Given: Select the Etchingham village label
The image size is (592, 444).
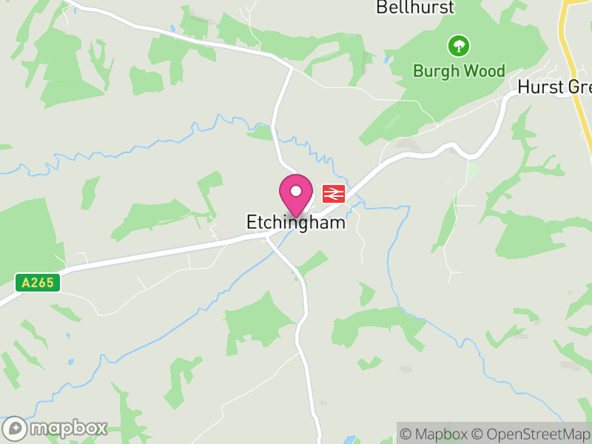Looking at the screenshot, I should pos(296,222).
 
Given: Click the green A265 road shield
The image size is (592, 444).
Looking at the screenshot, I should pos(37,283).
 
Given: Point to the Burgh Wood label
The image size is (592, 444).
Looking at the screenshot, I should pos(459,71).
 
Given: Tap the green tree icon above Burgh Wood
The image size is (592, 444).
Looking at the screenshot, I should pos(459,47).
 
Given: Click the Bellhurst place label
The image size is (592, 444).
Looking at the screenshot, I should pos(415,8).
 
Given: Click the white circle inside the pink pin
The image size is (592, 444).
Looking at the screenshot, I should pos(296,191).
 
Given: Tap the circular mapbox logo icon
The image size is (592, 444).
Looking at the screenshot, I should pos(16,428).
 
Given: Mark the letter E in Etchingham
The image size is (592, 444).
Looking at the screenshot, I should pos(252,222).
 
